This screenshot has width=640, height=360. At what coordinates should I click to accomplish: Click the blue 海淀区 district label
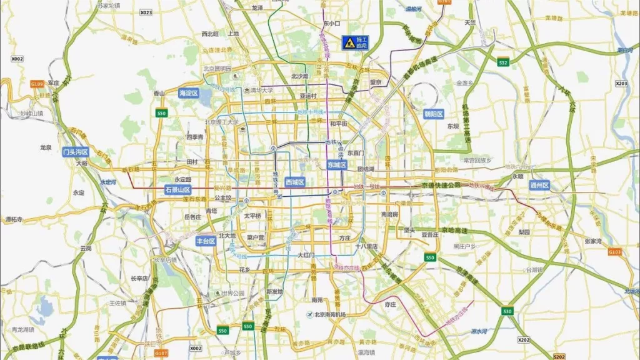pos(187,93)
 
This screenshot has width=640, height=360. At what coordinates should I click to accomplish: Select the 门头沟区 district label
pos(76,152)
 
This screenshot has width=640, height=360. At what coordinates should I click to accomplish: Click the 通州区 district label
pos(539,185)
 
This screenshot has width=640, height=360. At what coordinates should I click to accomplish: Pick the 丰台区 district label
pos(206,240)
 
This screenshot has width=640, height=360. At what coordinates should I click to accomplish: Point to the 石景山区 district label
pos(177,189)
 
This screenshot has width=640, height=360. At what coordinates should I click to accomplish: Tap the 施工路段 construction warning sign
pos(354,42)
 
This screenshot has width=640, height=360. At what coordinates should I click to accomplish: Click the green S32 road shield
pos(502,62)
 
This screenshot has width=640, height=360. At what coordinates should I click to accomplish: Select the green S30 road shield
pos(507,311)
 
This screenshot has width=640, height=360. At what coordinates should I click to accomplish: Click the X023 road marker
pos(146,12)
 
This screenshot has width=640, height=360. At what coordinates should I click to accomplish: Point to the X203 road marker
pos(621,83)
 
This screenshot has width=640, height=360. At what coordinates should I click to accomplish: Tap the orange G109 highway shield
pos(36,83)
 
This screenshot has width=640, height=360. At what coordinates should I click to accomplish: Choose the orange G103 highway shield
pos(615,252)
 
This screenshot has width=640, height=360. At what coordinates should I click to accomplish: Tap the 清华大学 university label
pos(259,89)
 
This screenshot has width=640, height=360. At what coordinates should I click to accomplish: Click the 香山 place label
pos(159,93)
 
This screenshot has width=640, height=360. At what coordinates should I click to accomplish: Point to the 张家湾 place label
pos(592,241)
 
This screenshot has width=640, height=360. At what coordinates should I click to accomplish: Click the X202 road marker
pos(524,339)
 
